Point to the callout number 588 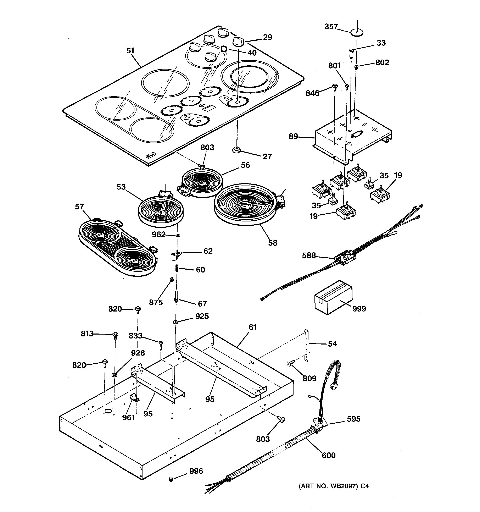[309, 255]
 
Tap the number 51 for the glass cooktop [130, 51]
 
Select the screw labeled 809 [289, 363]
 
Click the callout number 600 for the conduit [329, 455]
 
